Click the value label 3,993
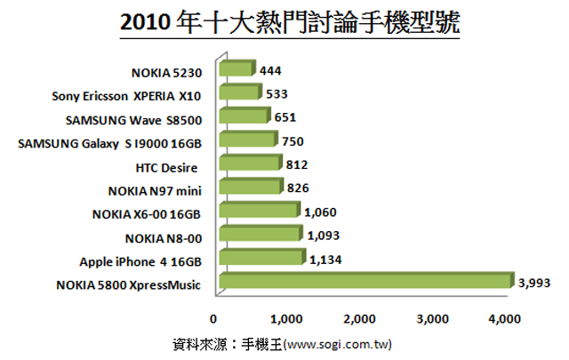(x=535, y=284)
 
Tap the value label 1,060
(x=320, y=212)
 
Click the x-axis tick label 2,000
(x=359, y=318)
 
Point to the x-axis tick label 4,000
(x=504, y=318)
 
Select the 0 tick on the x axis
(x=213, y=318)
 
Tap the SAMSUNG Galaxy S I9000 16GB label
(x=109, y=141)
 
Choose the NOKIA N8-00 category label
(x=164, y=237)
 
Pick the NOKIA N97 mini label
(x=155, y=189)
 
